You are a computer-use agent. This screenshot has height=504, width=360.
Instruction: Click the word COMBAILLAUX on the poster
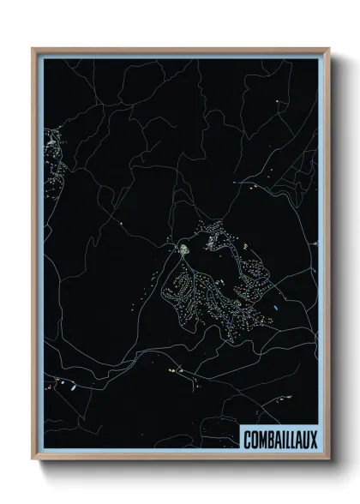pyautogui.click(x=279, y=440)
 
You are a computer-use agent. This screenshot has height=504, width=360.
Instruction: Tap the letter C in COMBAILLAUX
pyautogui.click(x=248, y=440)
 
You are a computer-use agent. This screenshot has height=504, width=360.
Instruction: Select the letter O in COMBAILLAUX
pyautogui.click(x=255, y=440)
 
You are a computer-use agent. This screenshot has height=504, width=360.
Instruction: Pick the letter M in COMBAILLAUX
pyautogui.click(x=262, y=440)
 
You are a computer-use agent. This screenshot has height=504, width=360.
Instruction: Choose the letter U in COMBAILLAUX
pyautogui.click(x=306, y=440)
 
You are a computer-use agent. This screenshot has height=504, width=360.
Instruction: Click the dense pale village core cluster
pyautogui.click(x=183, y=249)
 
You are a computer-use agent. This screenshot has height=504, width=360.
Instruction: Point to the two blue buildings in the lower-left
pyautogui.click(x=71, y=387)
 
